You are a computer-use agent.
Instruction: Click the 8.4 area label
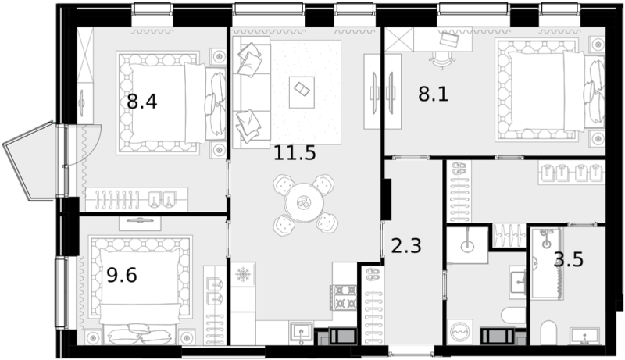coord(142,102)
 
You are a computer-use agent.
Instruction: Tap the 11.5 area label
coord(295,153)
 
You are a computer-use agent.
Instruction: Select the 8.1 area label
coord(434,94)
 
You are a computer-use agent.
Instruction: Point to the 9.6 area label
coord(122,275)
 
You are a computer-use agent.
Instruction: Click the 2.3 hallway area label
coord(406,246)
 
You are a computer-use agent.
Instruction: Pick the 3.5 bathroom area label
coord(569,259)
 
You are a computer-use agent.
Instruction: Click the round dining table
coord(304,203)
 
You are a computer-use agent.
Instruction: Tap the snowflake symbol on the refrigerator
coord(242,274)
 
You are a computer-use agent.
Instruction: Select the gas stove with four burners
coord(343,298)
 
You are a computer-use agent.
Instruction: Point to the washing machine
coord(460,331)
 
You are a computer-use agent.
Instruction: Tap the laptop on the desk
coord(449,38)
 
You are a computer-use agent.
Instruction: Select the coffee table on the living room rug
coord(302,92)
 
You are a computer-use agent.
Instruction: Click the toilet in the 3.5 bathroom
coord(548,333)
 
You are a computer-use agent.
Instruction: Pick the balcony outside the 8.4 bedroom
coord(30,162)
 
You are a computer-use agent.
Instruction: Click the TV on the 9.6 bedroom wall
coord(140,219)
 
